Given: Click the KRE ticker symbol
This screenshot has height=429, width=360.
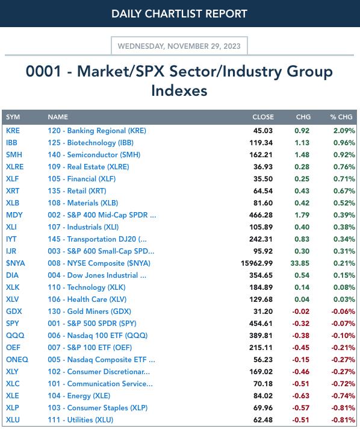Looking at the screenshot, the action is pos(13,131).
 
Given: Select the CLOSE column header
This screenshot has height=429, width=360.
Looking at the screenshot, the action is pos(263,117).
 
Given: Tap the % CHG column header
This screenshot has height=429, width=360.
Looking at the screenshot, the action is pos(341,117).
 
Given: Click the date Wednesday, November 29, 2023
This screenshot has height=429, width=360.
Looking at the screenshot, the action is pos(179,46).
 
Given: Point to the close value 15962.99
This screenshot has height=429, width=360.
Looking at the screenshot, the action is pos(256,263).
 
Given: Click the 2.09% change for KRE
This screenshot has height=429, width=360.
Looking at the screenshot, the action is pos(344,131).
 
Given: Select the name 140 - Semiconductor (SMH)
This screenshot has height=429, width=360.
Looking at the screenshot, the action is pos(94,155).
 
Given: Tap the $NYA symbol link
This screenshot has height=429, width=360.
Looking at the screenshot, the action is pos(15,263).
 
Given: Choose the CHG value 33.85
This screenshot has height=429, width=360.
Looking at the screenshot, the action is pos(300,263).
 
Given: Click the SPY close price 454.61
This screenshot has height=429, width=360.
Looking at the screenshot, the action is pos(261,324).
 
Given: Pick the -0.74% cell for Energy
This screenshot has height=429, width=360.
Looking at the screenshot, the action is pos(343,396).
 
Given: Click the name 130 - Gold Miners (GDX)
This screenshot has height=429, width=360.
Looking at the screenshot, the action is pos(89,312).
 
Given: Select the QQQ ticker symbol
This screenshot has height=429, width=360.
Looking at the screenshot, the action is pos(15,336).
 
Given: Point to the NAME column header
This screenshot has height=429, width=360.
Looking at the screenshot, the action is pos(58,117).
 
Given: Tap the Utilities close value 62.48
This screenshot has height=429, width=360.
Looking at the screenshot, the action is pos(263,420).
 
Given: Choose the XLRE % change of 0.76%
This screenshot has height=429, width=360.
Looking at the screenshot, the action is pos(344,167).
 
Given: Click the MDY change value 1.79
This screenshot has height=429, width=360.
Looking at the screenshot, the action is pos(302,215).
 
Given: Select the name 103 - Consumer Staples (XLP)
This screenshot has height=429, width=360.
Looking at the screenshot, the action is pos(98,408).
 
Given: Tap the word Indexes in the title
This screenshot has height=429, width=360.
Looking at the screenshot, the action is pos(179,90).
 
